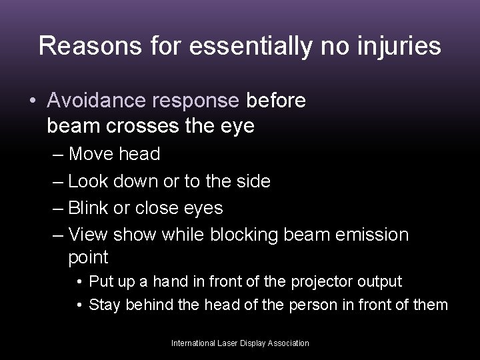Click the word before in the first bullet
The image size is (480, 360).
click(x=276, y=100)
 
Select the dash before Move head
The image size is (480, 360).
click(x=57, y=155)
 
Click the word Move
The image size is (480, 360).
click(x=91, y=155)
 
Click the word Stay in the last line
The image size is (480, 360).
click(x=102, y=305)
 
